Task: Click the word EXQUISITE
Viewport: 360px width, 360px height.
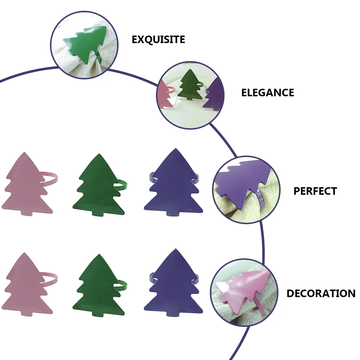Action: [x=158, y=40]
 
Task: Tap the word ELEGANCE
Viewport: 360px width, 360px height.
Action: [x=267, y=93]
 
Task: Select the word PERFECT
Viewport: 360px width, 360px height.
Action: [x=315, y=191]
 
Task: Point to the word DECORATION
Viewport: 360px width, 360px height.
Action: [x=321, y=294]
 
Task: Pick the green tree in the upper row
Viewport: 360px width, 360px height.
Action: [x=98, y=186]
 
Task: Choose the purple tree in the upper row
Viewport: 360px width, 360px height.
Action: [x=173, y=184]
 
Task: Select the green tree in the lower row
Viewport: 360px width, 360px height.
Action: [x=98, y=287]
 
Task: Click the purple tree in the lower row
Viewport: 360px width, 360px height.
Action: [x=173, y=285]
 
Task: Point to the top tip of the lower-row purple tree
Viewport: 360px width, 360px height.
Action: [x=176, y=249]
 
